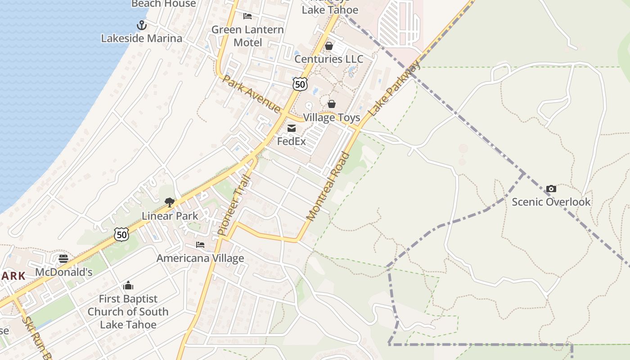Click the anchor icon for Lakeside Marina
coord(142,25)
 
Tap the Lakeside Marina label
coord(142,38)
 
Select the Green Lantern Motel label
coord(247,36)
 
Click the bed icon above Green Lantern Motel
coord(247,16)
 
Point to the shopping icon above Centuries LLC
coord(329,46)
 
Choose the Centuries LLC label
coord(329,59)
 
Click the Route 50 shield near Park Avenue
coord(300,83)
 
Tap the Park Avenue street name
coord(252,94)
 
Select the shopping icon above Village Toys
coord(332,104)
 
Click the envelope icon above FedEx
coord(291,129)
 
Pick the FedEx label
coord(291,141)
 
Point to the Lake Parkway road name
coord(394,88)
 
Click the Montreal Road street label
coord(328,187)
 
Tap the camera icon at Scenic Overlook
coord(551,189)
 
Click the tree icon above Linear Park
coord(170,202)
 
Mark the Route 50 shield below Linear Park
coord(121,234)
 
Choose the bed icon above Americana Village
coord(200,245)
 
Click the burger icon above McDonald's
coord(63,259)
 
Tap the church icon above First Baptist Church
coord(128,285)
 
